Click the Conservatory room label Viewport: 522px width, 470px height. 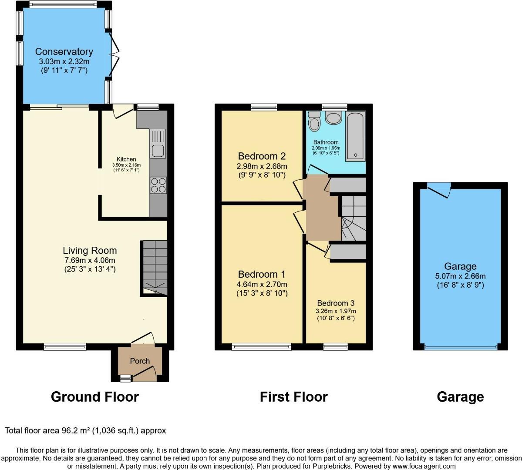(x=64, y=52)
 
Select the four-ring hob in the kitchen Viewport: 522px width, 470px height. (x=158, y=186)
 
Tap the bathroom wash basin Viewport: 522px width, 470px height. (x=334, y=118)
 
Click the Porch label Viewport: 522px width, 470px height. (x=140, y=361)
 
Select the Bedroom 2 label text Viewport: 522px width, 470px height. (x=262, y=156)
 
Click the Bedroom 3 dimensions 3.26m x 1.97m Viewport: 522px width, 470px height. (x=336, y=311)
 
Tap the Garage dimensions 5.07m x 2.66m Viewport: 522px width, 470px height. (x=460, y=276)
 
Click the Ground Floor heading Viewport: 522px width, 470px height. (x=94, y=397)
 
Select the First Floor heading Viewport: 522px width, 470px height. (x=293, y=397)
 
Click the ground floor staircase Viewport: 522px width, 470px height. (x=154, y=266)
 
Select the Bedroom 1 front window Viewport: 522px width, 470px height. (x=262, y=347)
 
